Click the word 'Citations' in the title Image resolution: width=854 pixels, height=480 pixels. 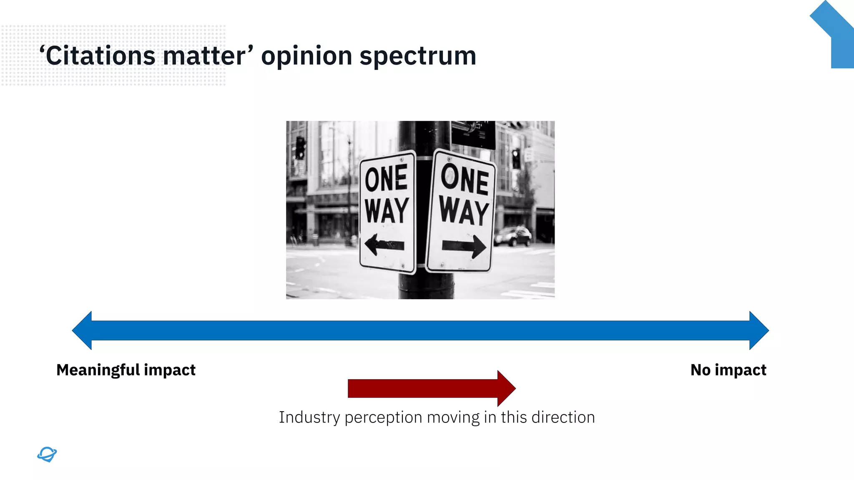(100, 56)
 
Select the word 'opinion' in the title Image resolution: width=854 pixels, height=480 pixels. (306, 57)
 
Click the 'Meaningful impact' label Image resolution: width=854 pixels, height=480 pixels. (126, 370)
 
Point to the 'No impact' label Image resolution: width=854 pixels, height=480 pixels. (728, 370)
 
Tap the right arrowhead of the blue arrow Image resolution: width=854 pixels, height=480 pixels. (759, 330)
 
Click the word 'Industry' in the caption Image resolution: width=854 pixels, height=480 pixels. (309, 417)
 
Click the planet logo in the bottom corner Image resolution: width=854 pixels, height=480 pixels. (47, 454)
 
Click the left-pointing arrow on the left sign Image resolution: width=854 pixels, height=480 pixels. (384, 245)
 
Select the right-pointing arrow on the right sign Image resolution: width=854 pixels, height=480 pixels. (464, 246)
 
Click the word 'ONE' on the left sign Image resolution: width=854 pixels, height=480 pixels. (386, 179)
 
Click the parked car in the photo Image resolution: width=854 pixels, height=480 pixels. (513, 236)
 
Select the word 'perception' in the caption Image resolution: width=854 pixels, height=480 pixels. (383, 417)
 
